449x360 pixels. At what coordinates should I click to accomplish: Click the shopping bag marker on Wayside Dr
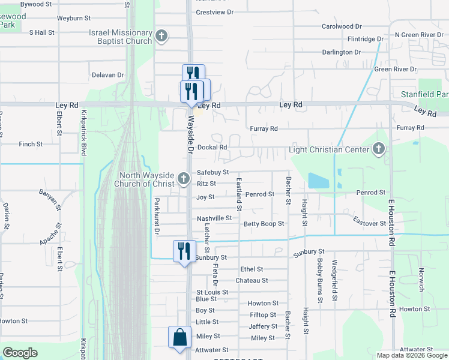180,337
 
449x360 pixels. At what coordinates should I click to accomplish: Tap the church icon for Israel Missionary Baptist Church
161,36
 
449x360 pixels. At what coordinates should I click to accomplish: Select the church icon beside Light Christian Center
378,149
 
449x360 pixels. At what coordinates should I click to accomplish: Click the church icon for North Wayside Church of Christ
184,179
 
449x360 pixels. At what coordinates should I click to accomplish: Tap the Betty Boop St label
264,224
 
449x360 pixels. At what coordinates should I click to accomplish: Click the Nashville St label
214,218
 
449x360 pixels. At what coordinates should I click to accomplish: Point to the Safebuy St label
213,172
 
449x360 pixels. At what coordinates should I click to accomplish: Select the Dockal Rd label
212,147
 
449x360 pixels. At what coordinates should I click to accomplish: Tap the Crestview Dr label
214,12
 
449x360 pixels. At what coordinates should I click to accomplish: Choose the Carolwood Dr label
342,26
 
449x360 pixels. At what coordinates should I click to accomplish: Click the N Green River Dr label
418,35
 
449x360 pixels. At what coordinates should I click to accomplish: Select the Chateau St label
252,280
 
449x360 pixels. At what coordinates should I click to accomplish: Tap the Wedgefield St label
335,281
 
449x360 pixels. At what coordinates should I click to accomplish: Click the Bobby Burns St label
320,280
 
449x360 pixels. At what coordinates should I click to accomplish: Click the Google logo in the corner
20,353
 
